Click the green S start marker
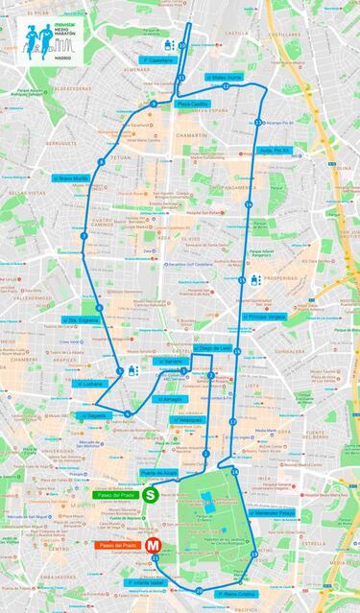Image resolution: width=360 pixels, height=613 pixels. pos(151,495)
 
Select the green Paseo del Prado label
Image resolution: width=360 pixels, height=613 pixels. pos(114,495)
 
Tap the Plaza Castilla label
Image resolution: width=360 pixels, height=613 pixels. pos(192,104)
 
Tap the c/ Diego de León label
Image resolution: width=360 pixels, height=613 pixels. pos(211,348)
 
